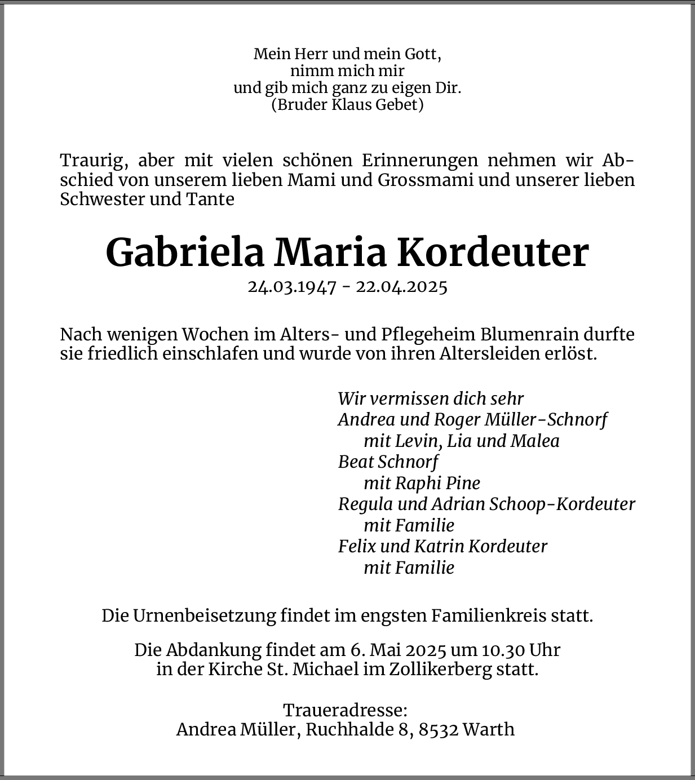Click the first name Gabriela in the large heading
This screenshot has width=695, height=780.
pyautogui.click(x=184, y=252)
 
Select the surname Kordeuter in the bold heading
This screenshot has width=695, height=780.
pyautogui.click(x=493, y=252)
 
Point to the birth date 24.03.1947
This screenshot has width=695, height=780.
pyautogui.click(x=291, y=287)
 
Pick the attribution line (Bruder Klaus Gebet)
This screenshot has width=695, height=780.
pyautogui.click(x=347, y=105)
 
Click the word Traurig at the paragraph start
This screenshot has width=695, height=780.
pyautogui.click(x=90, y=161)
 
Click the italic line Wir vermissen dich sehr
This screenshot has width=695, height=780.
pyautogui.click(x=431, y=399)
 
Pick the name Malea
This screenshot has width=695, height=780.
pyautogui.click(x=535, y=441)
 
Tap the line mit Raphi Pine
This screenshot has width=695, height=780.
pyautogui.click(x=422, y=484)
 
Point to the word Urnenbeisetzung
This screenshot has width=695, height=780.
pyautogui.click(x=205, y=615)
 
